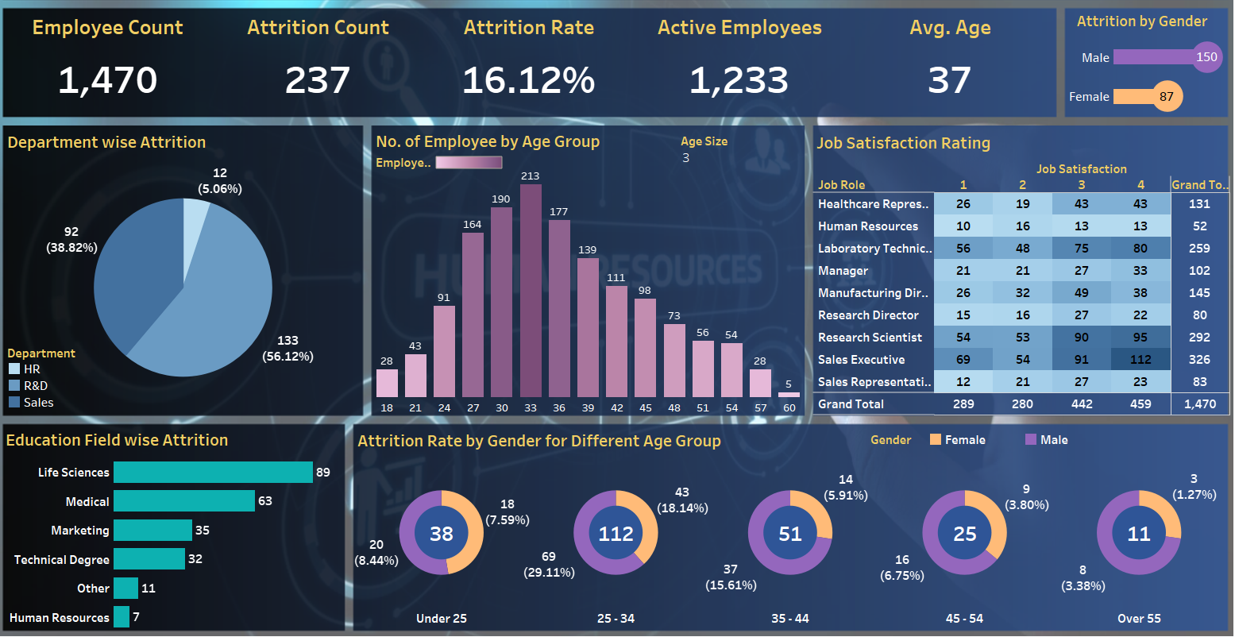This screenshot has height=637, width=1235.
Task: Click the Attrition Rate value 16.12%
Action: coord(528,80)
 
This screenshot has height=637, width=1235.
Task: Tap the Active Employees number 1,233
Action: coord(739,80)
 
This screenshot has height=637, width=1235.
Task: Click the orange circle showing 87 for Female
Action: coord(1167,97)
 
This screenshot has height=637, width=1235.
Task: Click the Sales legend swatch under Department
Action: coord(14,402)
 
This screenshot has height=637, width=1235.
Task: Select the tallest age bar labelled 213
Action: coord(531,291)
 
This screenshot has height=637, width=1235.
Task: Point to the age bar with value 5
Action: coord(789,394)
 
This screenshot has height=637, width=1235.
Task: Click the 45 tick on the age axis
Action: coord(645,407)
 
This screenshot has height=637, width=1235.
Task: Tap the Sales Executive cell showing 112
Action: coord(1140,360)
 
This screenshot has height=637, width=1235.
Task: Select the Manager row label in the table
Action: coord(843,271)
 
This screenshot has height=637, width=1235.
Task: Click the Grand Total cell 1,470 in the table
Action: coord(1200,404)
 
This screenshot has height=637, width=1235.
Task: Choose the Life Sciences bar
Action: coord(213,472)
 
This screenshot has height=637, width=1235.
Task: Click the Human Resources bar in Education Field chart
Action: coord(122,616)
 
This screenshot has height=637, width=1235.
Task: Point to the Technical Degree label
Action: coord(62,560)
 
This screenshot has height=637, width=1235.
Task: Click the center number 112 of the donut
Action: coord(616,533)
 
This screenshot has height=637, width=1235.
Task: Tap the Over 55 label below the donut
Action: coord(1139,618)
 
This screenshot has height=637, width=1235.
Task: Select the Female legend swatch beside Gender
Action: coord(935,439)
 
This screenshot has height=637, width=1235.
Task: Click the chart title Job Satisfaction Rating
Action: coord(903,144)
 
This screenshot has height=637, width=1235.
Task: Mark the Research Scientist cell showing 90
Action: coord(1081,338)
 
